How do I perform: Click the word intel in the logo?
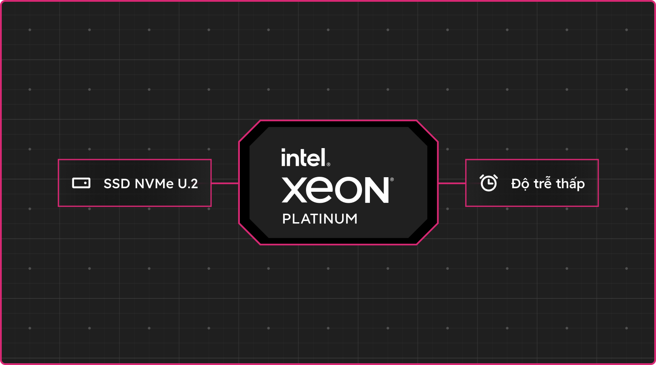coord(304,158)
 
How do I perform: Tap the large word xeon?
coord(335,190)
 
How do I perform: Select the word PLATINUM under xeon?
coord(320,219)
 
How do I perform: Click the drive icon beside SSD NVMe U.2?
coord(81,183)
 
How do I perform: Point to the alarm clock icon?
coord(488,183)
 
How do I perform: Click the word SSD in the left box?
coord(117,184)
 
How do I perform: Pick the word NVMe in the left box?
coord(154,184)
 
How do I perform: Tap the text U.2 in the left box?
coord(188,184)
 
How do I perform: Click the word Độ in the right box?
coord(520,184)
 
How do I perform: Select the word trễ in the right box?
coord(542,183)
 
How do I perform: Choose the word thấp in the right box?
coord(570,184)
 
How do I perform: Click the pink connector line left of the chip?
coord(225,183)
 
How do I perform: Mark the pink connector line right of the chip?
coord(452,183)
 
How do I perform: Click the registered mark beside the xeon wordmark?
coord(392,179)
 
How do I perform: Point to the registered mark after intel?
coord(328,165)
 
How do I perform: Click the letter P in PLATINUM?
coord(286,219)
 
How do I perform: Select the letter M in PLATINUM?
coord(351,219)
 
